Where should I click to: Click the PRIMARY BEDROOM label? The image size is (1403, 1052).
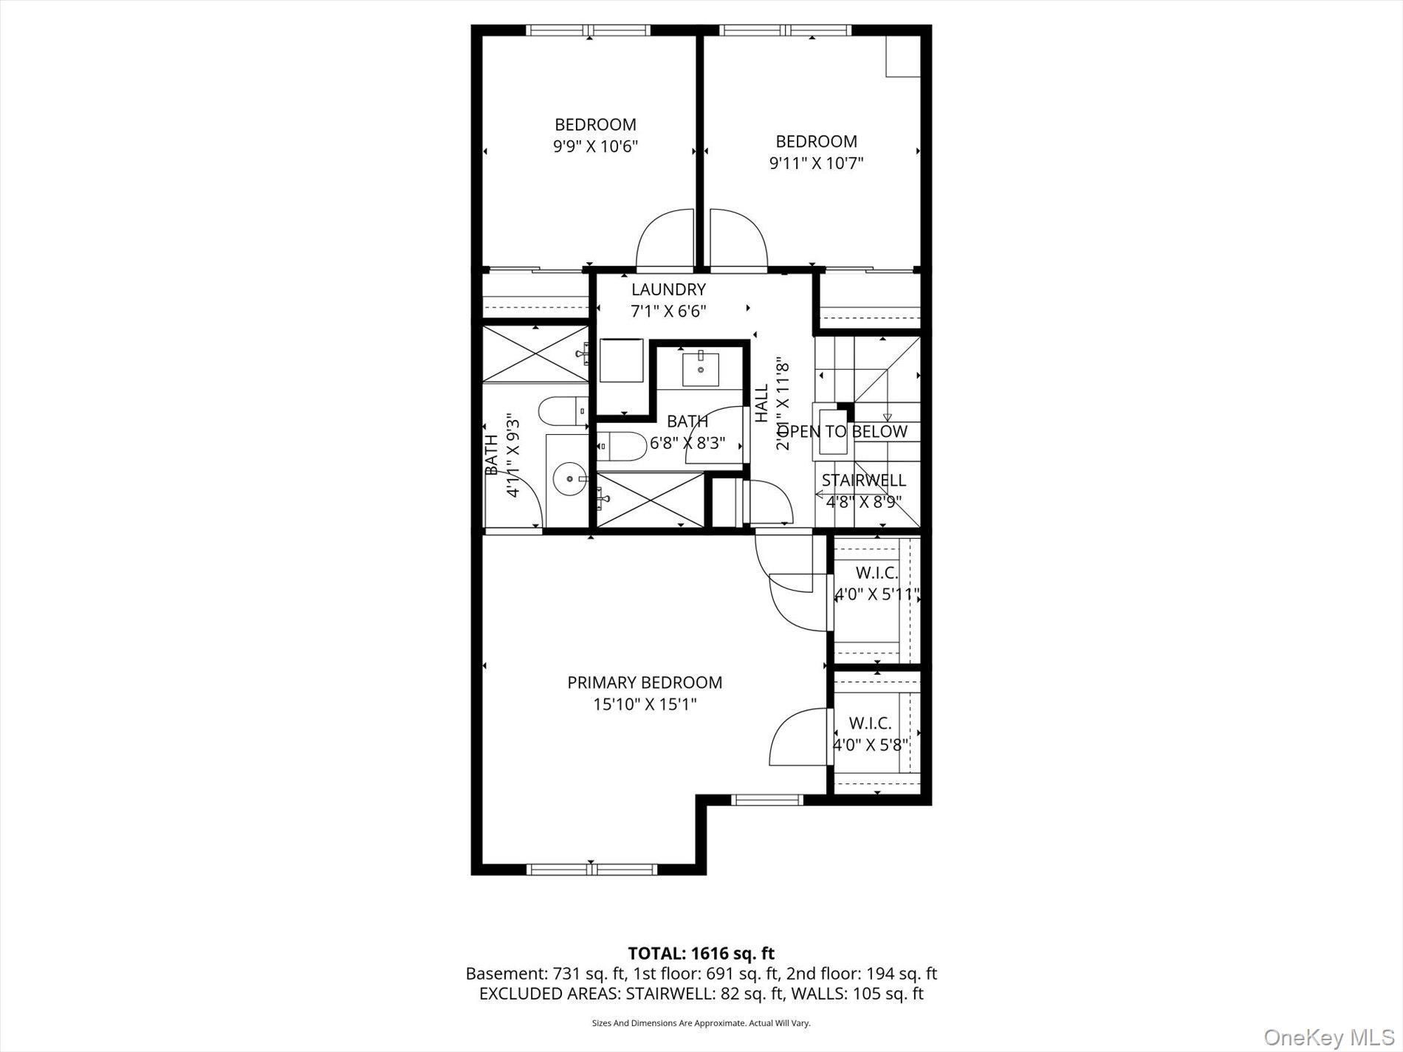(x=644, y=683)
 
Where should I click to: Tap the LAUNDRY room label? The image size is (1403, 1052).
(x=668, y=289)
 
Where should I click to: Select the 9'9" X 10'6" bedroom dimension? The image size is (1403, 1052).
(x=595, y=146)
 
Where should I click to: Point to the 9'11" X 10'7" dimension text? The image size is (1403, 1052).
(x=816, y=162)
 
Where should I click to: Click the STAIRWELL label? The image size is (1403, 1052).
(x=863, y=481)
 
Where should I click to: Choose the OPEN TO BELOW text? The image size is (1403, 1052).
(x=843, y=432)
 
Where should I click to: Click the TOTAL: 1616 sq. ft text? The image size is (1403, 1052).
(x=701, y=954)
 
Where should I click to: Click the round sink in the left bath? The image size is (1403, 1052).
(x=571, y=479)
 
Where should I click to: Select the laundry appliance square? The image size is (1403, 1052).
(x=621, y=360)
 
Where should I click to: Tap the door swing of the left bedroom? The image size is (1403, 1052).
(x=665, y=239)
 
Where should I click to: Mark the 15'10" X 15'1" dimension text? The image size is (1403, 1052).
(x=645, y=704)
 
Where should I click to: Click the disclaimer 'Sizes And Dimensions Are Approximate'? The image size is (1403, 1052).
(x=701, y=1023)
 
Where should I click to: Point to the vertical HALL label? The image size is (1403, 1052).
(x=761, y=403)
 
